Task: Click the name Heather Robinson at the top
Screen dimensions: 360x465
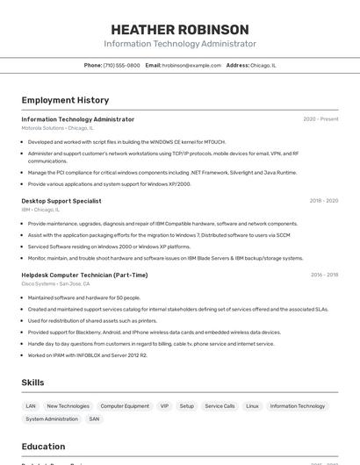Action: (180, 29)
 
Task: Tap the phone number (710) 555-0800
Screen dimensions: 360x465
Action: (121, 65)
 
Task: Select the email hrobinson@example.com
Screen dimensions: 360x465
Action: (191, 65)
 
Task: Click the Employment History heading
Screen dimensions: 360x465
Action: (65, 100)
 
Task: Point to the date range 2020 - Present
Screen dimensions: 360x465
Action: (320, 119)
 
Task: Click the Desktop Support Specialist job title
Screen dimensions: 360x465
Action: (61, 201)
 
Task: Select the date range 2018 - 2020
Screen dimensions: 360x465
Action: (323, 201)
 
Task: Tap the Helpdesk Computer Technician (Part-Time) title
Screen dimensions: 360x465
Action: (84, 275)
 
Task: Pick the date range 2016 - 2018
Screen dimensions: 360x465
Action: (324, 275)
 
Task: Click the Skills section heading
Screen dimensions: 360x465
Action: (32, 383)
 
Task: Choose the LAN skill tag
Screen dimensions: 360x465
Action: (31, 406)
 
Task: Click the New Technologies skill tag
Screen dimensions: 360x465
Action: (68, 406)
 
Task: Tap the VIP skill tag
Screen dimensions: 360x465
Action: (164, 406)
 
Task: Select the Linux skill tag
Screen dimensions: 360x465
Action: (252, 406)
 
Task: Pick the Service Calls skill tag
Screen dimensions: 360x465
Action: (220, 406)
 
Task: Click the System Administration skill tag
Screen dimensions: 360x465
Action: (51, 419)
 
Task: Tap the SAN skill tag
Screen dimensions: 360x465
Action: (94, 419)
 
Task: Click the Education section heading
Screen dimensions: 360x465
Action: (43, 446)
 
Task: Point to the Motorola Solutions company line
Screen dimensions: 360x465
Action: (56, 128)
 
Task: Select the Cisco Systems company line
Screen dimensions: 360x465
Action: (55, 283)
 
